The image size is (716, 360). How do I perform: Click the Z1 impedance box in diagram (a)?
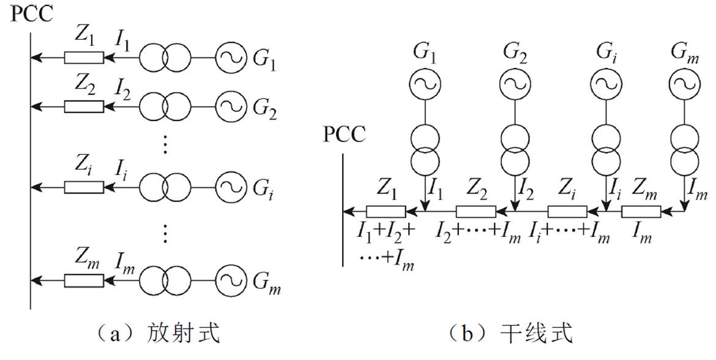pyautogui.click(x=84, y=58)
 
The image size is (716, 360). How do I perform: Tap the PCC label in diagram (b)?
pyautogui.click(x=345, y=134)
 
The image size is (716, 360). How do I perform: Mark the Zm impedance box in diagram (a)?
pyautogui.click(x=84, y=280)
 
